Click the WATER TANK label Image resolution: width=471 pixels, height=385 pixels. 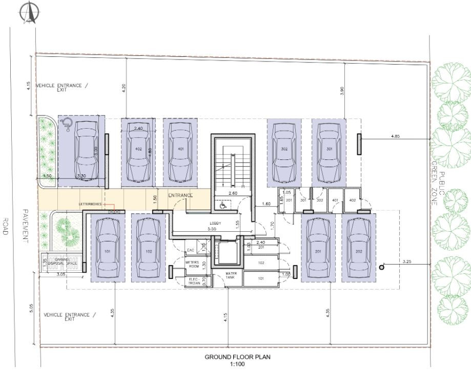232,276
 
